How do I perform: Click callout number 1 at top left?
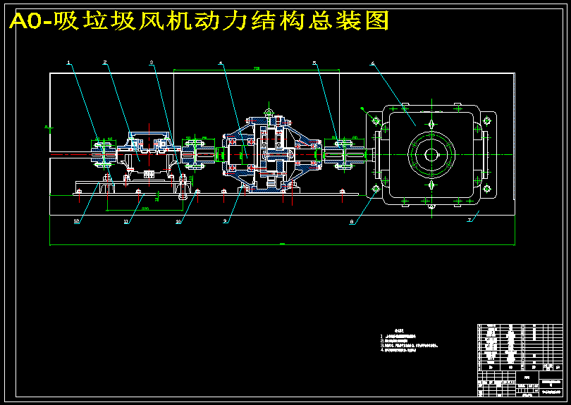[x=69, y=63]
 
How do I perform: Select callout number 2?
[x=104, y=63]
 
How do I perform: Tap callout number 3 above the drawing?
[x=151, y=63]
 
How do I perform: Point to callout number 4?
[x=220, y=63]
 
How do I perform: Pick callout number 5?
[x=314, y=63]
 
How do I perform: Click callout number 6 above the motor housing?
[x=372, y=63]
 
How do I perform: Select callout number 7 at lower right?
[x=469, y=220]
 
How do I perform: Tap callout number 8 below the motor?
[x=352, y=221]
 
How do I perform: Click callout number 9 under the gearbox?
[x=225, y=221]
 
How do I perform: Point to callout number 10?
[x=178, y=221]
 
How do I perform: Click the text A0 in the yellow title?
[x=27, y=23]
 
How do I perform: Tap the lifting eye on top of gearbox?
[x=268, y=111]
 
